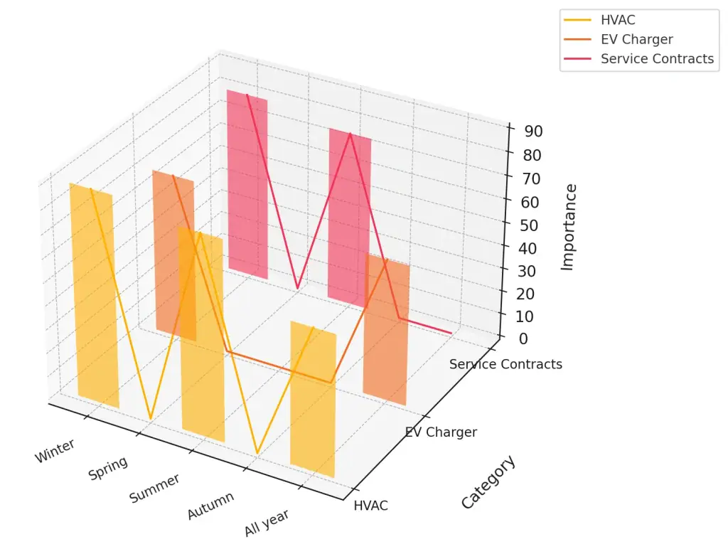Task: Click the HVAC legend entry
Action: [617, 20]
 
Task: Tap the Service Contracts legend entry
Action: [656, 58]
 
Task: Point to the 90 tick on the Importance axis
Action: [533, 131]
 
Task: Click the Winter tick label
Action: [55, 451]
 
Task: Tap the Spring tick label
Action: [108, 468]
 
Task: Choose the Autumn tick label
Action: [210, 506]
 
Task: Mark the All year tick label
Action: [267, 524]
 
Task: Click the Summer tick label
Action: [154, 488]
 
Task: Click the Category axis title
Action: [488, 482]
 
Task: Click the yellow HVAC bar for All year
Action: [313, 399]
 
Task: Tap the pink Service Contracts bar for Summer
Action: [349, 217]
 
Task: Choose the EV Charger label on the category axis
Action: [441, 432]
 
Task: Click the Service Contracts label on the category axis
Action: [505, 364]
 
